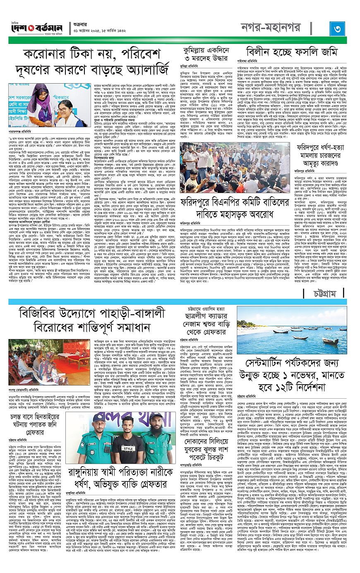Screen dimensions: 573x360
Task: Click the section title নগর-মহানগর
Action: (x=281, y=29)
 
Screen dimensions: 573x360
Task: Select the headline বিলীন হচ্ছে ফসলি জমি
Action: (x=290, y=53)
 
